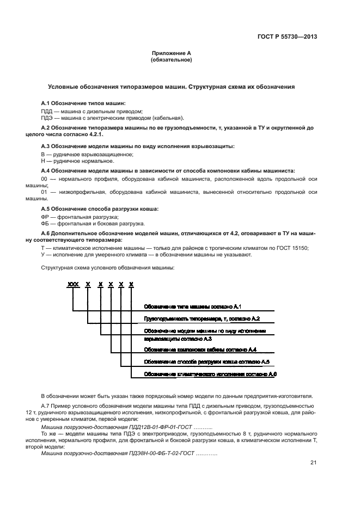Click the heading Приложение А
(x=171, y=53)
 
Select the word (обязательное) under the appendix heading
(x=171, y=60)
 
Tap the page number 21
(x=313, y=463)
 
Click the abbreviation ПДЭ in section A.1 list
(x=47, y=118)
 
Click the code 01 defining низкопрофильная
(x=45, y=192)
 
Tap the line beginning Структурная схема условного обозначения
(x=108, y=268)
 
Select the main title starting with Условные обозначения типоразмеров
(x=171, y=87)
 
